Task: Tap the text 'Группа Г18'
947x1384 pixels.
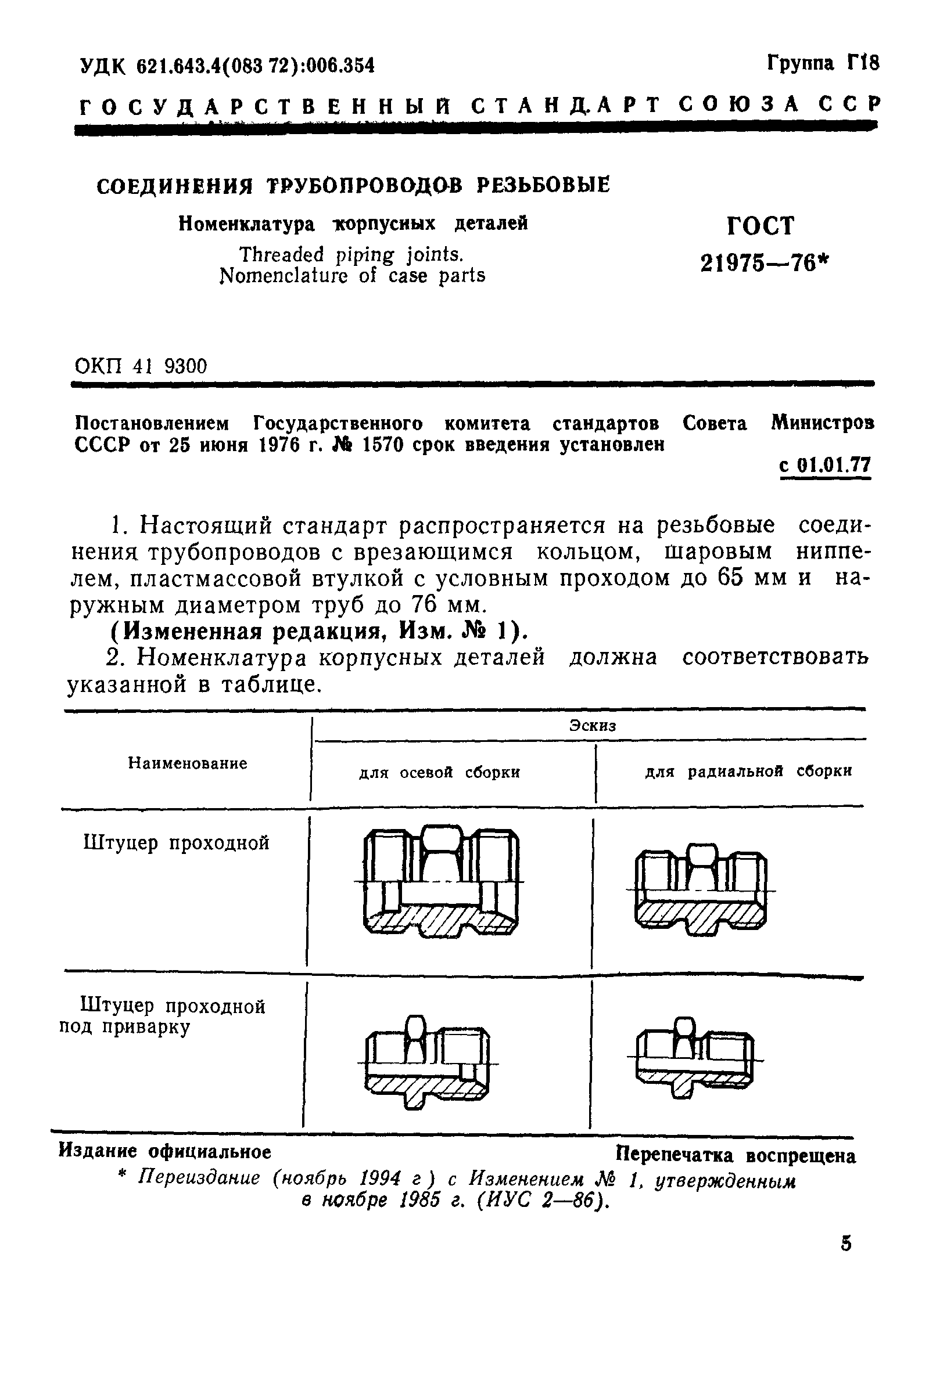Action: click(823, 63)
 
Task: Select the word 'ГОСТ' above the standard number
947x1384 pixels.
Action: click(761, 226)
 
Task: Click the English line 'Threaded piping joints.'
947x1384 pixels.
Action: click(351, 255)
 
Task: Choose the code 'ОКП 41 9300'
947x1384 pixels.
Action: click(141, 366)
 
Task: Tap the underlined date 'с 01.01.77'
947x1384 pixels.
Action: click(825, 464)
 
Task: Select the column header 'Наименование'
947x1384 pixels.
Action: click(187, 763)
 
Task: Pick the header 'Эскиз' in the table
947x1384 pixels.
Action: click(593, 725)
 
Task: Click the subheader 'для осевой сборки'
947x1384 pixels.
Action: click(439, 772)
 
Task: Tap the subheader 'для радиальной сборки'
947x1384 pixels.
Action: click(748, 771)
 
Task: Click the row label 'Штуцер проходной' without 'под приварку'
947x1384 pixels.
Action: click(177, 843)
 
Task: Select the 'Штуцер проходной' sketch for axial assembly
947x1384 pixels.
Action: click(440, 882)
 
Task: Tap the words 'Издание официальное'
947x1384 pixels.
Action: click(165, 1151)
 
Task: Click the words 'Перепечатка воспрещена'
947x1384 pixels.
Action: click(736, 1155)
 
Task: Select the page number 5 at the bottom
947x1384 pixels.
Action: click(846, 1244)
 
